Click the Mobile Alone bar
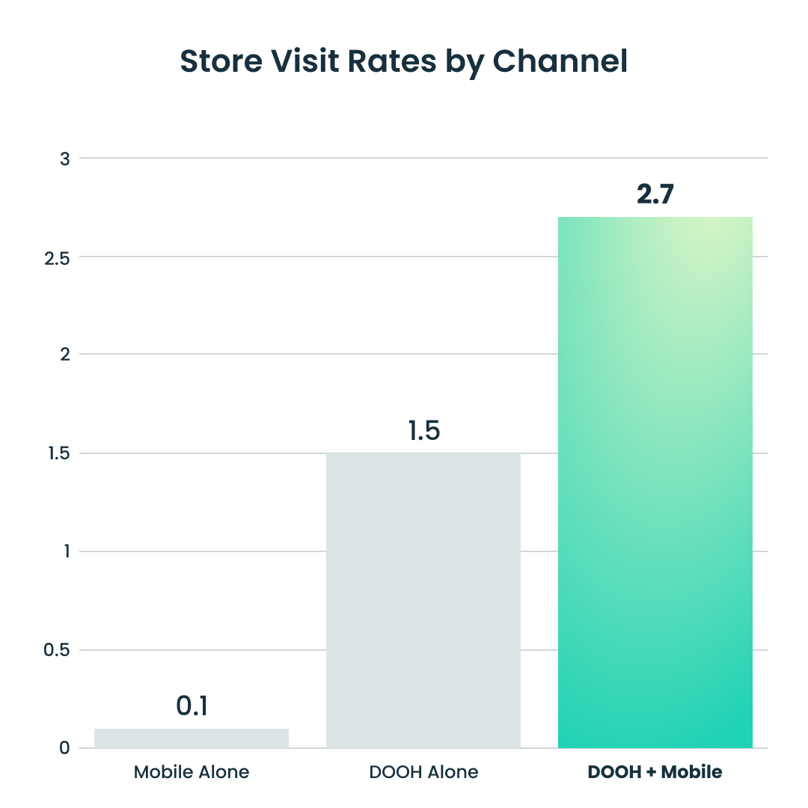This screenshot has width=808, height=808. [192, 738]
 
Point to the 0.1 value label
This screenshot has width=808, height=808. [192, 706]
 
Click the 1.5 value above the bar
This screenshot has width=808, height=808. [423, 431]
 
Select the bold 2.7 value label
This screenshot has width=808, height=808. [655, 195]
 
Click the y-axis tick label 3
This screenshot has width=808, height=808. [65, 159]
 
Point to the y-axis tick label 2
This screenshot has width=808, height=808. [65, 354]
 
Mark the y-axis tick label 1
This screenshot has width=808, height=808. [66, 551]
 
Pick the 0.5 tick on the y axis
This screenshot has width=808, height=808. [57, 650]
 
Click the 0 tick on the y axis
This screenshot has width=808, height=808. [64, 748]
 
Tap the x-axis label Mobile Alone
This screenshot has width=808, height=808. [192, 772]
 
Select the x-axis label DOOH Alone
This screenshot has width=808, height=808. [423, 772]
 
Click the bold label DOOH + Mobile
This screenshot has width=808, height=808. [655, 772]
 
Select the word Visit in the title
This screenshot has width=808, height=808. [305, 61]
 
